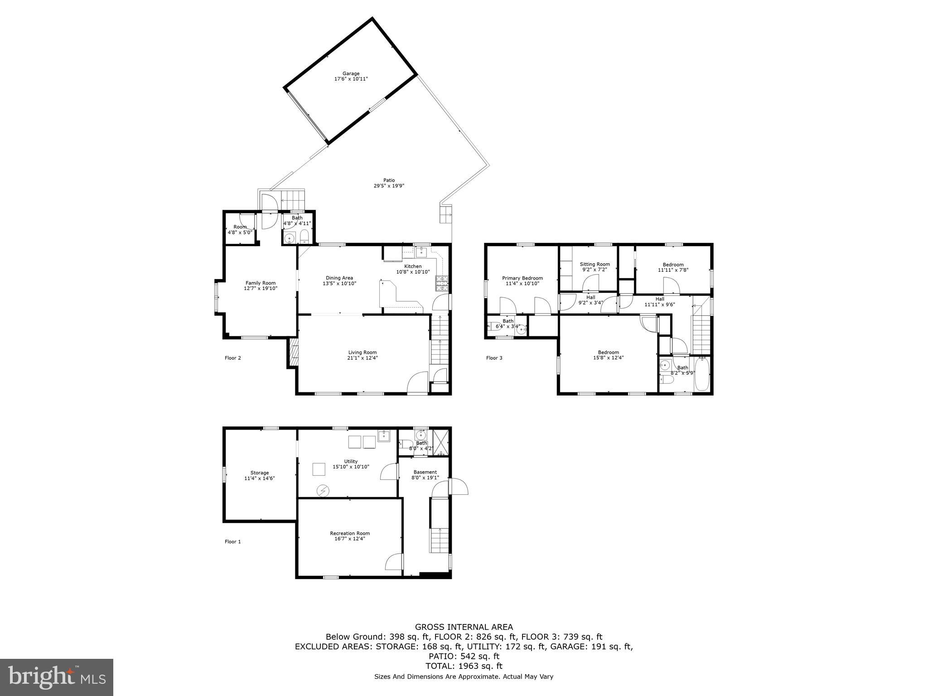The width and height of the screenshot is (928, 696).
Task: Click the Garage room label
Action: [x=351, y=73]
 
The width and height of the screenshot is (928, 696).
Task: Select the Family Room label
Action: [x=261, y=283]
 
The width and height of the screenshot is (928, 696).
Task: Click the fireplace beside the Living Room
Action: [x=293, y=353]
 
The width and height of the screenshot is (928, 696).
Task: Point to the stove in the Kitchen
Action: [x=442, y=283]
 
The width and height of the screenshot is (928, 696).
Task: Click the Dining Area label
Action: [x=339, y=278]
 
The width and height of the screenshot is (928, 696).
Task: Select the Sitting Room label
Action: [x=594, y=264]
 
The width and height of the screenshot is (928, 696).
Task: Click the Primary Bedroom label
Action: [x=522, y=278]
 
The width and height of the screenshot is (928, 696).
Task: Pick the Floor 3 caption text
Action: [x=494, y=358]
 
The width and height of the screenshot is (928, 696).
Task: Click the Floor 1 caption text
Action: [x=233, y=541]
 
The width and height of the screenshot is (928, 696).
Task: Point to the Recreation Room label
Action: [x=350, y=533]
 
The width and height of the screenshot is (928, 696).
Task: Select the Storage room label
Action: [x=260, y=473]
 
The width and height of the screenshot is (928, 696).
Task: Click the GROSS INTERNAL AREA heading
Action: [x=464, y=627]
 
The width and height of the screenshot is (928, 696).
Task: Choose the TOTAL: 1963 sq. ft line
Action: [x=464, y=666]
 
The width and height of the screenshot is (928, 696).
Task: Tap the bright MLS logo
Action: [x=57, y=677]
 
